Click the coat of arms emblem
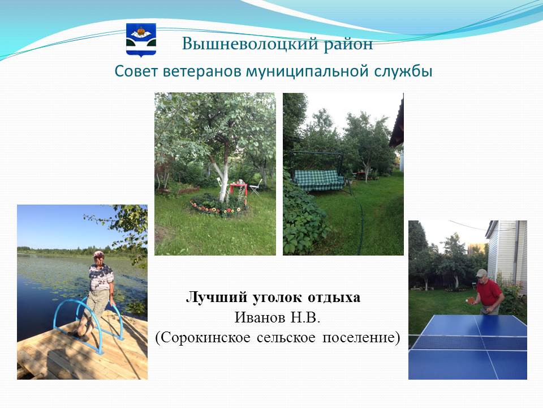pos(141,40)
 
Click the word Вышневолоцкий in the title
pos(249,44)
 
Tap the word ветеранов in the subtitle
pos(202,71)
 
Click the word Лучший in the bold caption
pos(217,297)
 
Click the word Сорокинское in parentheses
pos(206,337)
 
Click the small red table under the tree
pos(238,188)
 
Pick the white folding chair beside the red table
pos(256,186)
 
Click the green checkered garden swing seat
pos(319,180)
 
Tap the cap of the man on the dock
pos(98,254)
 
